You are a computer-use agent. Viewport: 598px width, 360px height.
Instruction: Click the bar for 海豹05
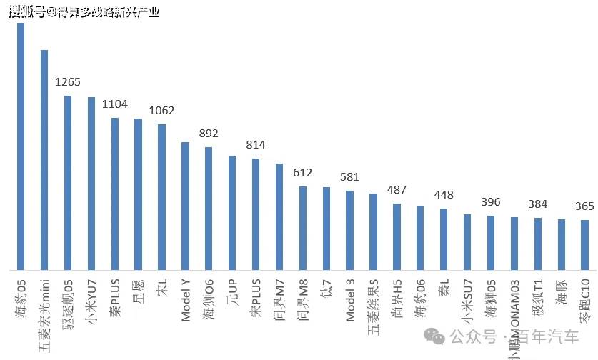[x=21, y=146]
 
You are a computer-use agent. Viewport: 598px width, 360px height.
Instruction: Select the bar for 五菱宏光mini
[x=44, y=160]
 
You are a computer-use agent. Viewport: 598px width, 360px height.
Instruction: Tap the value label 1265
[x=68, y=81]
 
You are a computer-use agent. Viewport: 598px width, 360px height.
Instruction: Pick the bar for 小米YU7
[x=91, y=184]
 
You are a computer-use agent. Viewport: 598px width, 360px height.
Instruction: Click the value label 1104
[x=114, y=104]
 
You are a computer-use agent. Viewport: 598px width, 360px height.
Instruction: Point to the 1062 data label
[x=161, y=111]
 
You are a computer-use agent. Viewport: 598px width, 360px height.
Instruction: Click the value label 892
[x=209, y=134]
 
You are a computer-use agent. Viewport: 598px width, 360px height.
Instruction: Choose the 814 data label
[x=255, y=145]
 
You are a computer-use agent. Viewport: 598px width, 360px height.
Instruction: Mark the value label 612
[x=302, y=173]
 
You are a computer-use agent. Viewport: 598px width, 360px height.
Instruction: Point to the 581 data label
[x=349, y=177]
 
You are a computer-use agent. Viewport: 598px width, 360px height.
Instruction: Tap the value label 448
[x=444, y=195]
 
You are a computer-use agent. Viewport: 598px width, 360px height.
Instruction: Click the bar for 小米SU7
[x=467, y=242]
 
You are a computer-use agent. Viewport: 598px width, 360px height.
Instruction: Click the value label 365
[x=584, y=206]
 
